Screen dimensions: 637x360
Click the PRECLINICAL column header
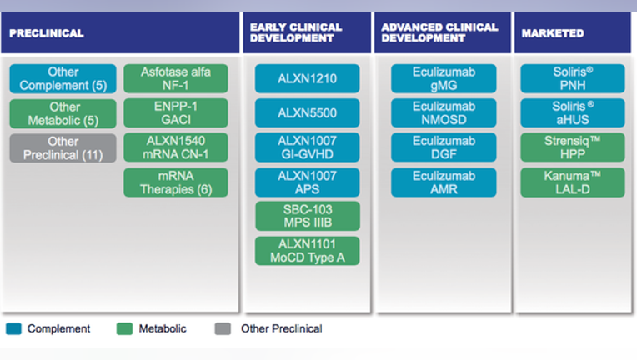point(120,32)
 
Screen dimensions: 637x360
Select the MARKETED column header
point(573,32)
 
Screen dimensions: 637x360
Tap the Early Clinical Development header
point(307,32)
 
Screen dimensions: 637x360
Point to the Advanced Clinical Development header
point(443,32)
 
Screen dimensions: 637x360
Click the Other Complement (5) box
point(63,78)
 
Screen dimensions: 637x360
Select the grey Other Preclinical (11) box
point(63,148)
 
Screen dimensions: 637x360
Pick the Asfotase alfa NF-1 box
point(176,78)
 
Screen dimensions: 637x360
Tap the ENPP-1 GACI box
point(176,113)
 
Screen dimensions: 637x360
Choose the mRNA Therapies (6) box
point(176,182)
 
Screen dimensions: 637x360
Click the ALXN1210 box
point(307,78)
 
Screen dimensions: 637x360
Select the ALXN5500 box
point(307,113)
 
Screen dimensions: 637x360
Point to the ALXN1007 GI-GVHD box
point(307,147)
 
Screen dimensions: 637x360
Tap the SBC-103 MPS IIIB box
point(308,216)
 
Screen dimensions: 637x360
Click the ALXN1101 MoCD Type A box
point(308,251)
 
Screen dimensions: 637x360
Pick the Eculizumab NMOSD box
point(444,113)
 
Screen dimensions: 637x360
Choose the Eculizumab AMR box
point(444,182)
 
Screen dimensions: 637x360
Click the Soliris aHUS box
point(573,113)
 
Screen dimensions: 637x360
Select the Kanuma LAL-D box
point(573,182)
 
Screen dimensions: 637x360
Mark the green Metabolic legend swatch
point(124,328)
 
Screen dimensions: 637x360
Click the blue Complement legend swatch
point(13,328)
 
